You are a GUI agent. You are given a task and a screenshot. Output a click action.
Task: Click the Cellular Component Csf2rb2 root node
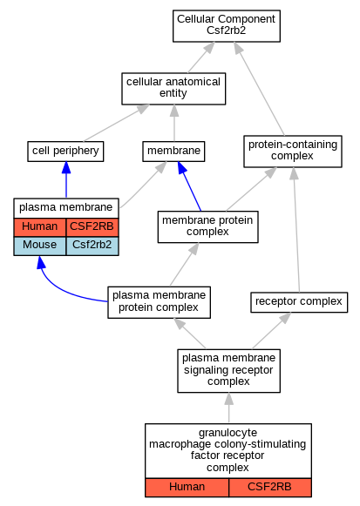(227, 26)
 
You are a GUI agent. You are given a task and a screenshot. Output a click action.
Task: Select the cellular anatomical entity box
(173, 89)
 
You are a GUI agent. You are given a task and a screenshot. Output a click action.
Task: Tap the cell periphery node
(65, 152)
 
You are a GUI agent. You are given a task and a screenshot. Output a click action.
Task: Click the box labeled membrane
(173, 152)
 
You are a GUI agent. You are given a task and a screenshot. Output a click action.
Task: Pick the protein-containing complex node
(293, 152)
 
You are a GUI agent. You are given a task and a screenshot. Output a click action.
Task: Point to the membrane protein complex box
(207, 226)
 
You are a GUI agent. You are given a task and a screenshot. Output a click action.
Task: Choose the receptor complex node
(299, 302)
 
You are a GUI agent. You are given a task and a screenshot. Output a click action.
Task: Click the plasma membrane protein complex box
(159, 302)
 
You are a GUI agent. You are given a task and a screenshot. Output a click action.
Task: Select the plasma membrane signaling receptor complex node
(228, 371)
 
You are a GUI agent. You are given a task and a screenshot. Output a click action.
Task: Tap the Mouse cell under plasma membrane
(40, 246)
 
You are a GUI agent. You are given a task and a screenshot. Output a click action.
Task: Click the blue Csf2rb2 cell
(92, 246)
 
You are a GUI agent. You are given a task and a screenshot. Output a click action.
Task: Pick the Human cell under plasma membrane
(40, 227)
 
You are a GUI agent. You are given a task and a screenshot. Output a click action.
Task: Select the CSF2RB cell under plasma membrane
(92, 227)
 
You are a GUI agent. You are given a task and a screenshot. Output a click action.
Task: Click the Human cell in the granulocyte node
(187, 488)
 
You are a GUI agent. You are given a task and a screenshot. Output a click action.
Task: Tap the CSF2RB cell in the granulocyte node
(270, 488)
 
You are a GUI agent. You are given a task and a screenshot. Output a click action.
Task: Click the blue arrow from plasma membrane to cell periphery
(66, 179)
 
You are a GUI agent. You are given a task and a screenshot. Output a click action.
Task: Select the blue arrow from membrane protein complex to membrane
(189, 186)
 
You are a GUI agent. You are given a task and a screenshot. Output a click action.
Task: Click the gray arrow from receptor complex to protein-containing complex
(296, 230)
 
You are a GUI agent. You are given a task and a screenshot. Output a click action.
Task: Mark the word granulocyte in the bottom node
(228, 433)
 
